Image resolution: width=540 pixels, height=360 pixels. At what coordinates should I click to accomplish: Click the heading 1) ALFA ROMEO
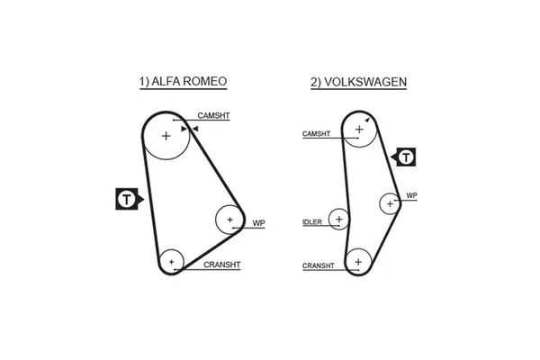pyautogui.click(x=183, y=82)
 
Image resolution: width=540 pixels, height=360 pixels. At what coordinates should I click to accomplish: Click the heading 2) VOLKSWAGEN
pyautogui.click(x=358, y=82)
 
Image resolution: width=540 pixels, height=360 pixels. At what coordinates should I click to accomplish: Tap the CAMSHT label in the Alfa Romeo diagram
pyautogui.click(x=213, y=116)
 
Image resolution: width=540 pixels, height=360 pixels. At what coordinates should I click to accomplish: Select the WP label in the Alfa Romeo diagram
pyautogui.click(x=258, y=222)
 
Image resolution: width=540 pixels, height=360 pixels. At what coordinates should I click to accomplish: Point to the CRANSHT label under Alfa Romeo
pyautogui.click(x=222, y=265)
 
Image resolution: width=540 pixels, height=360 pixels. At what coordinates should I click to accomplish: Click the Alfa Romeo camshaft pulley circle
pyautogui.click(x=166, y=137)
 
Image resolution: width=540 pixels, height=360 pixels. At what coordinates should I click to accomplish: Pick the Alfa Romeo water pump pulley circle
pyautogui.click(x=229, y=220)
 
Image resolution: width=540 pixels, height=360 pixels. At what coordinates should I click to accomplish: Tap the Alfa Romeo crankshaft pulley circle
pyautogui.click(x=171, y=262)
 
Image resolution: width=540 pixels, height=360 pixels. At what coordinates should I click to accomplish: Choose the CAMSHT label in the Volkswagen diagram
pyautogui.click(x=317, y=134)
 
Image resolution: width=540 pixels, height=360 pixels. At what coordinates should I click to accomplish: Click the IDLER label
pyautogui.click(x=311, y=221)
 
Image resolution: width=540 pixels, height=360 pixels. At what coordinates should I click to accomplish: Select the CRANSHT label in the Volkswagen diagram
pyautogui.click(x=319, y=265)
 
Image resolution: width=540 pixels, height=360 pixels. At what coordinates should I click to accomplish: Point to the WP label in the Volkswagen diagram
pyautogui.click(x=411, y=195)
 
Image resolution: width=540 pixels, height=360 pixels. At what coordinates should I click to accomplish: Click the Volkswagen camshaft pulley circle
pyautogui.click(x=359, y=130)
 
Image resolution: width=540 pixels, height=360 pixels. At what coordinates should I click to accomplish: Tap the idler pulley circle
pyautogui.click(x=338, y=218)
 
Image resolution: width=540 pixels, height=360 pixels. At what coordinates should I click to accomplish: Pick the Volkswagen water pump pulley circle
pyautogui.click(x=390, y=203)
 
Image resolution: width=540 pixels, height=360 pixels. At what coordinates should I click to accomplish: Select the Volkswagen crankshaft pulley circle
pyautogui.click(x=358, y=261)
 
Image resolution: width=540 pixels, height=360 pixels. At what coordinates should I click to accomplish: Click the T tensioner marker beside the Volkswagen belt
pyautogui.click(x=407, y=157)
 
